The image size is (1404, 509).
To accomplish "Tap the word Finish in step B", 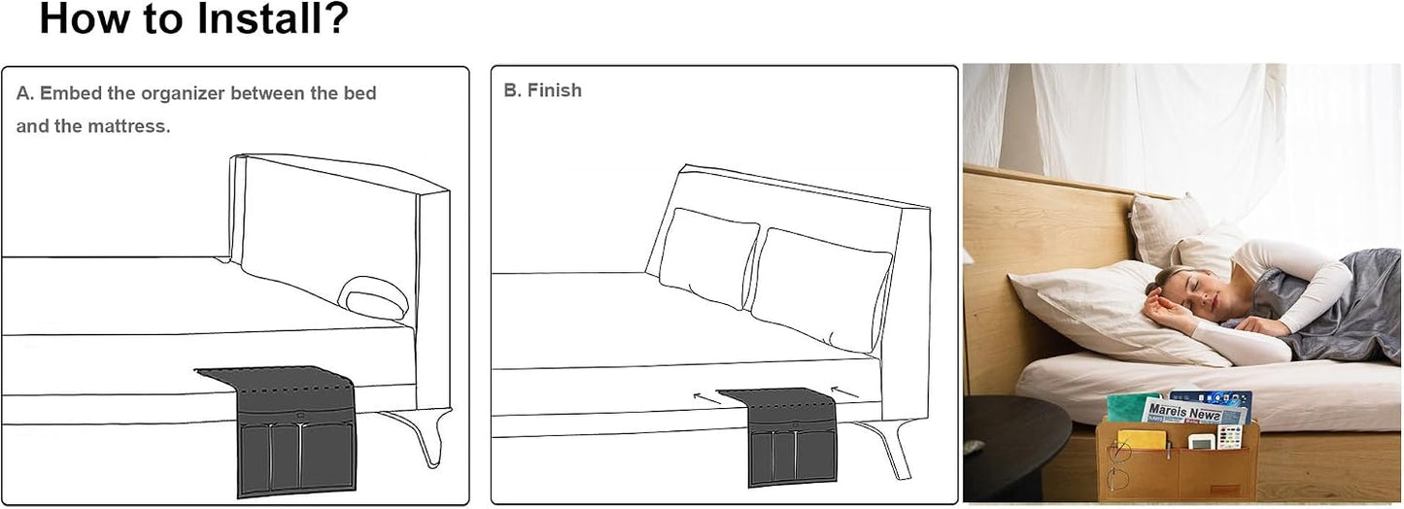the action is (554, 90).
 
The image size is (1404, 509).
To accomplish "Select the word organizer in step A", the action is (183, 93).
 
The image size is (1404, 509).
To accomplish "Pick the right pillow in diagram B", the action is (820, 288).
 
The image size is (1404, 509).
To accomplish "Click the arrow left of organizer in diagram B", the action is (707, 397).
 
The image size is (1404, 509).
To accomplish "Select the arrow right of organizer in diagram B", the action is (844, 391).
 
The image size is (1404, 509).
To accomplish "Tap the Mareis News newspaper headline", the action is (1184, 413).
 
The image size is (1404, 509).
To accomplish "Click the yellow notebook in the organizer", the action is (1142, 439).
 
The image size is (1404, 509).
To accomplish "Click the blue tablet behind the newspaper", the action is (1213, 400).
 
